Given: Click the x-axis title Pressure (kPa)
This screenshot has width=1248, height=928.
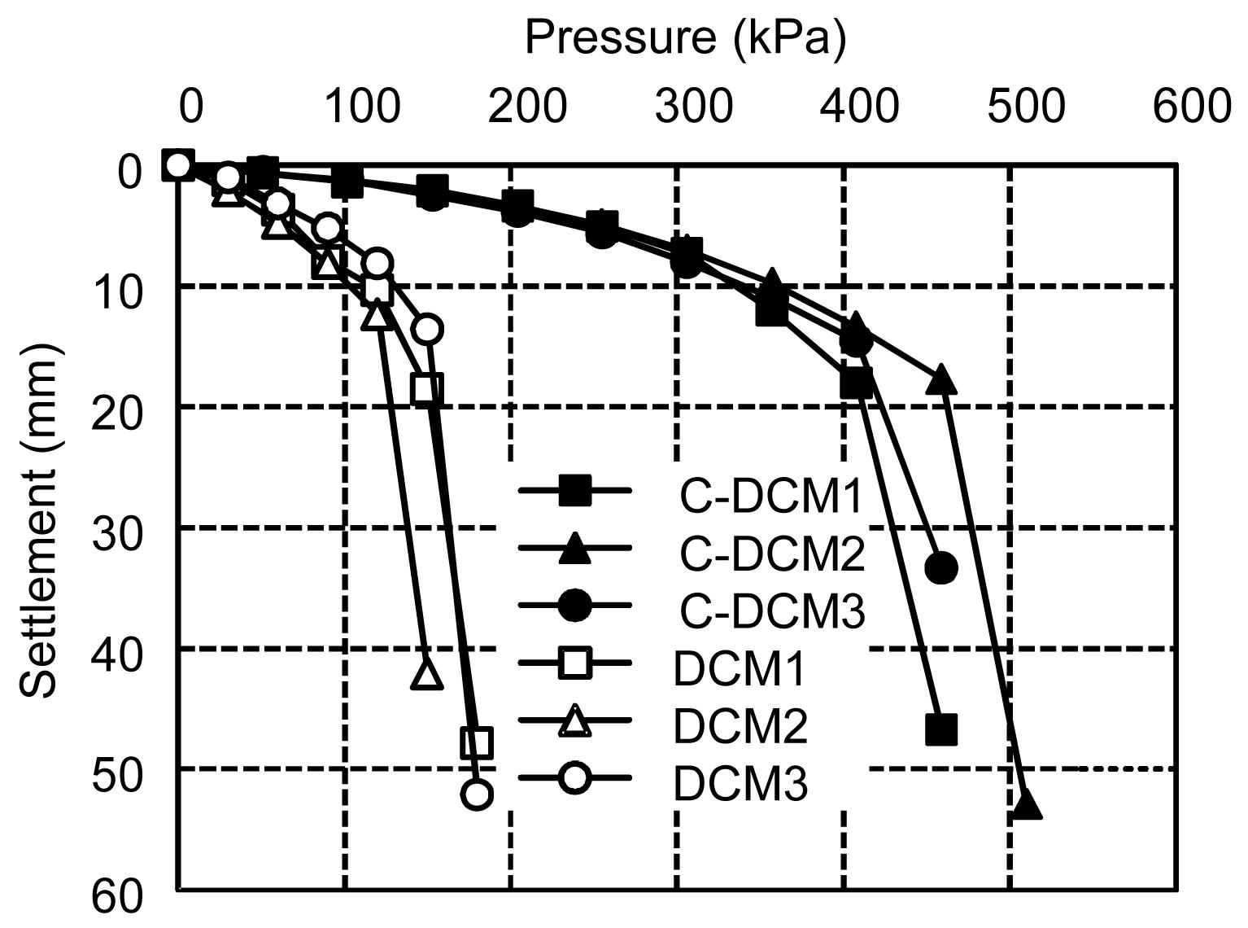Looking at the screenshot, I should tap(685, 37).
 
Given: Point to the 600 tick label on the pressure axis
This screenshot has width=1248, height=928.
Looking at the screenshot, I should tap(1192, 107).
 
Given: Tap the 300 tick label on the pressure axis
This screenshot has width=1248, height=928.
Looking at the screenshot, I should tap(693, 107).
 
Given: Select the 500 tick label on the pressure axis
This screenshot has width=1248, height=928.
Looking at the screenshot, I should tap(1026, 107).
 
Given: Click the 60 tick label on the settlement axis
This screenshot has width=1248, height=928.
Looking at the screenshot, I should tap(118, 898).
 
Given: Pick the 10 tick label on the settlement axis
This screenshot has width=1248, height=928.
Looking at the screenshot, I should tap(118, 292).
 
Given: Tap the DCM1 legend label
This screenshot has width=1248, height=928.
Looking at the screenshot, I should tap(739, 669).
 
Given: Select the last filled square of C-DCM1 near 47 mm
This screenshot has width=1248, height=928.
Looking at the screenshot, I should tap(941, 729).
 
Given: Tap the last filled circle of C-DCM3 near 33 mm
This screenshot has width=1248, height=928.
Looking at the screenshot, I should tap(941, 567).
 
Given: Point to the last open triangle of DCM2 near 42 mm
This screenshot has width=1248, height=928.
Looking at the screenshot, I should tap(426, 674).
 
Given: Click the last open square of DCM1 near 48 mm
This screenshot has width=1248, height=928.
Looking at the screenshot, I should tap(477, 742).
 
